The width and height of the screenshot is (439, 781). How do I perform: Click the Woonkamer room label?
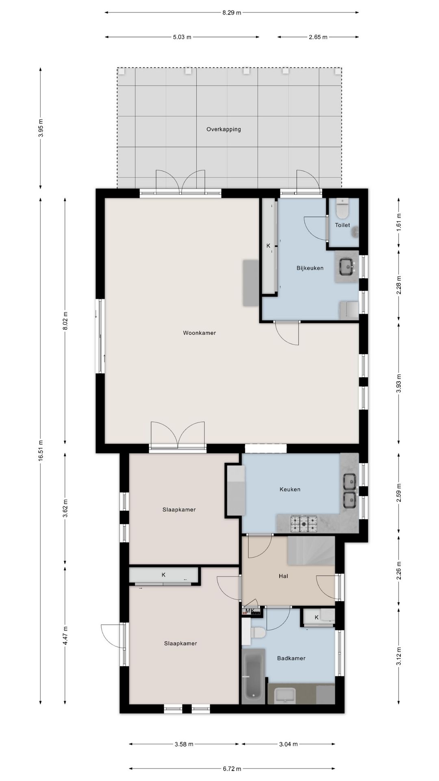tap(199, 333)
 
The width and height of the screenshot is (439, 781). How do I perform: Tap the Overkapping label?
tap(224, 129)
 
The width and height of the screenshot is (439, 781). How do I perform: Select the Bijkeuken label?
tap(310, 268)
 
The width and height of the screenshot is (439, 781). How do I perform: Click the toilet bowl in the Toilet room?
tap(343, 208)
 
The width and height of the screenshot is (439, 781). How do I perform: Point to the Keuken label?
tap(290, 489)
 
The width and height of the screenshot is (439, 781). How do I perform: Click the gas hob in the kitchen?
tap(303, 524)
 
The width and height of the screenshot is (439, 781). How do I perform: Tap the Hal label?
tap(283, 576)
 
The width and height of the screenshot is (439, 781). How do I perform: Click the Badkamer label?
tap(291, 658)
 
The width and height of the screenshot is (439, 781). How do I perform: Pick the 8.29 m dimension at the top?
tap(232, 13)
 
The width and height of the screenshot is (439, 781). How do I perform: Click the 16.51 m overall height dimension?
tap(41, 450)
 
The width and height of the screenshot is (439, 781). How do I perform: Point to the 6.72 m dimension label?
tap(232, 769)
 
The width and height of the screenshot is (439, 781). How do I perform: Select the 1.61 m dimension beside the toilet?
tap(399, 222)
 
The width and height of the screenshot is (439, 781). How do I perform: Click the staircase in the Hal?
tap(311, 550)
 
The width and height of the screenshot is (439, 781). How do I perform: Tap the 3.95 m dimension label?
tap(41, 128)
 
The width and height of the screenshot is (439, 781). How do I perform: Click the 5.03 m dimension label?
tap(182, 37)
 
